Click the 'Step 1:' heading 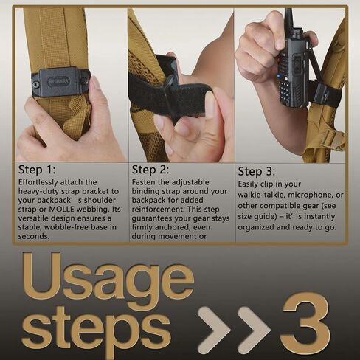[x=37, y=170]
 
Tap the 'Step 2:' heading [x=150, y=170]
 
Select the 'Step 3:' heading [x=256, y=171]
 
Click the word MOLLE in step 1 [x=61, y=210]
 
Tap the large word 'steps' [x=97, y=330]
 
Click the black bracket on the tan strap [x=61, y=82]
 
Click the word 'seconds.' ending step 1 [x=34, y=236]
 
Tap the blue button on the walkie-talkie [x=279, y=76]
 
